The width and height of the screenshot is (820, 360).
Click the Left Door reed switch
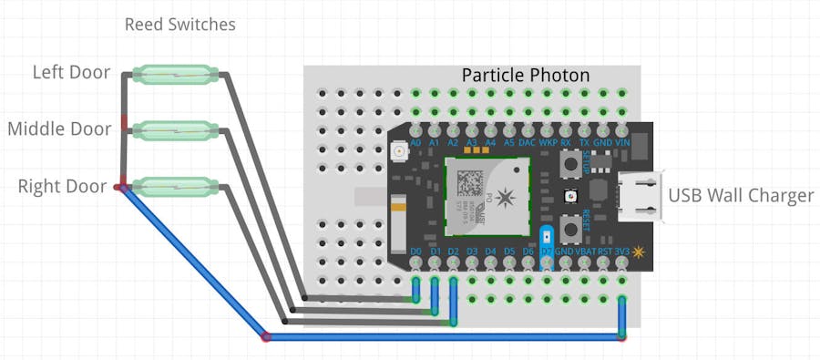point(175,73)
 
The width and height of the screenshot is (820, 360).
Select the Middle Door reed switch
point(175,130)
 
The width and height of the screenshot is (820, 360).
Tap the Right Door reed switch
point(175,187)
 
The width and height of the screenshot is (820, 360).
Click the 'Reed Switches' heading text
point(179,25)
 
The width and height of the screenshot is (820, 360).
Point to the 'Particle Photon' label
point(526,75)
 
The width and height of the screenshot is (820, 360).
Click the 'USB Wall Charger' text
point(741,194)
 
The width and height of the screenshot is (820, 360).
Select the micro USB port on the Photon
point(638,196)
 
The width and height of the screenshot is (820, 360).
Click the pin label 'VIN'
point(622,142)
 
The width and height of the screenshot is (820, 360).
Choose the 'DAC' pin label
point(528,142)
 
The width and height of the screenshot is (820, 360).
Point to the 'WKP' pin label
point(548,142)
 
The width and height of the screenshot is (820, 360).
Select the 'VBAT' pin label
point(584,251)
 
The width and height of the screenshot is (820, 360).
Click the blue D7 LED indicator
point(547,236)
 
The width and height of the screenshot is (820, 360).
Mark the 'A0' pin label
point(415,142)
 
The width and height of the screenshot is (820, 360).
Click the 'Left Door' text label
point(71,72)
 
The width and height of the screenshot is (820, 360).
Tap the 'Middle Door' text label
point(59,129)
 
